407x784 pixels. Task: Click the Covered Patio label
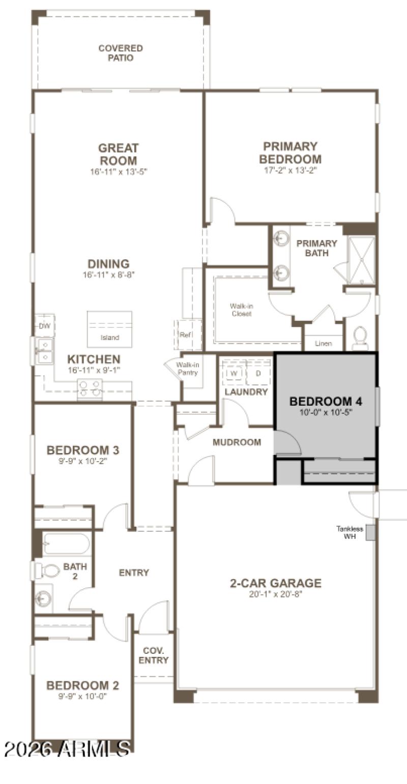tap(121, 53)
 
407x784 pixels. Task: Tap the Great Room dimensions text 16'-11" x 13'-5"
tap(119, 171)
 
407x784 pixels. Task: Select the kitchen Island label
tap(109, 338)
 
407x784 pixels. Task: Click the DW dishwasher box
tap(44, 326)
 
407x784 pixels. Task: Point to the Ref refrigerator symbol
tap(185, 335)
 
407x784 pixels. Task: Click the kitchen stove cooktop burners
tap(90, 389)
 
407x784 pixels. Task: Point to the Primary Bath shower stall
tap(361, 259)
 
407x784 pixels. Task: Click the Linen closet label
tap(324, 344)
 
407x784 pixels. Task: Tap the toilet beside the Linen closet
tap(360, 338)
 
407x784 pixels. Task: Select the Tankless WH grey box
tap(370, 532)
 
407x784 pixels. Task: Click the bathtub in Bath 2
tap(66, 544)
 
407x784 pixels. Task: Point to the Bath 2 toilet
tap(47, 570)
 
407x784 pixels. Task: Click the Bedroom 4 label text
tap(326, 402)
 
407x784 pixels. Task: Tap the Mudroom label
tap(237, 442)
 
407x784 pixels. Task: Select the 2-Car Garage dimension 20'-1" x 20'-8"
tap(275, 594)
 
